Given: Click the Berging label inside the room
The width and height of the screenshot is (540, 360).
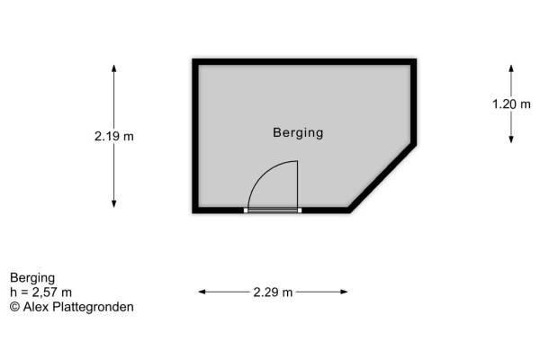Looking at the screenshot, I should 298,133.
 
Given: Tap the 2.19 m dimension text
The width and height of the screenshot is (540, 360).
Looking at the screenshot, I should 113,137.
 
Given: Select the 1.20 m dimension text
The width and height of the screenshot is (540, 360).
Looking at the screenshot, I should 511,103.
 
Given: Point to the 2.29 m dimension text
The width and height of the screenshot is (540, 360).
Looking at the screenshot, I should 273,292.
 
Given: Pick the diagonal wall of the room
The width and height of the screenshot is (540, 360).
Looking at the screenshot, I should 382,177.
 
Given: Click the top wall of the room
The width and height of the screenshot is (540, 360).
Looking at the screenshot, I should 304,62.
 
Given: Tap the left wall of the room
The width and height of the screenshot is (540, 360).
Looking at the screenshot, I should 194,135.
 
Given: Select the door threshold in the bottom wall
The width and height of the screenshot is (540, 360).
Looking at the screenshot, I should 273,210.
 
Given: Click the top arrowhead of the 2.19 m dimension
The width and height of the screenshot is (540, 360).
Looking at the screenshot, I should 113,67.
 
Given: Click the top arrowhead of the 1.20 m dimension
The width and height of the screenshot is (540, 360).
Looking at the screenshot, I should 511,68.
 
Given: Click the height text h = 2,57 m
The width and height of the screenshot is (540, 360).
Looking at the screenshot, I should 41,292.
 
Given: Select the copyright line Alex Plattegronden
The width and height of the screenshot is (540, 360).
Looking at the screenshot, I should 72,306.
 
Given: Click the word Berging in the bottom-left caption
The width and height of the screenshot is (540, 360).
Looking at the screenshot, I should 33,277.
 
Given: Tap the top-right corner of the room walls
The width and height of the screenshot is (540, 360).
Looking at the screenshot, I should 414,62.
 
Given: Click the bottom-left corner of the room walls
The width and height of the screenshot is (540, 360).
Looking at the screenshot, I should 195,210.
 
